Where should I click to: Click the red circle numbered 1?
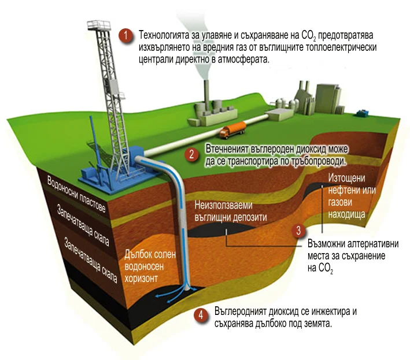(125, 35)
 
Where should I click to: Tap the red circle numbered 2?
(191, 154)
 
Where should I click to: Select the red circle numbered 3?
(298, 231)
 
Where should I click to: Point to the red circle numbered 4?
(201, 315)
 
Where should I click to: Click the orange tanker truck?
(232, 130)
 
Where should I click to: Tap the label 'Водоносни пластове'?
(76, 194)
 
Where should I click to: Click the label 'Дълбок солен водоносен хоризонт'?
(150, 266)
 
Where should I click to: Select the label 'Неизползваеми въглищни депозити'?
(231, 211)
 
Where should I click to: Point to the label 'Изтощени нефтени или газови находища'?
(352, 196)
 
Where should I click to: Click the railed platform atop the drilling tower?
(99, 25)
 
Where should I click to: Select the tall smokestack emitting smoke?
(206, 94)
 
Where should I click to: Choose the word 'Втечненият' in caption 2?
(227, 149)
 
